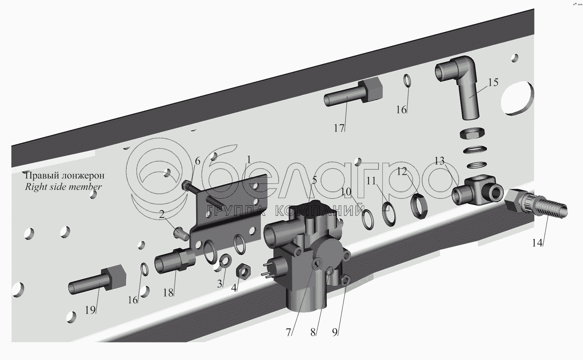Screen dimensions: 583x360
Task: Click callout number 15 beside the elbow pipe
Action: coord(493,82)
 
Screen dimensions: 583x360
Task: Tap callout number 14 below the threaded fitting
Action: coord(537,243)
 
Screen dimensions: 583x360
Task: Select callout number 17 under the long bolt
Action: coord(339,128)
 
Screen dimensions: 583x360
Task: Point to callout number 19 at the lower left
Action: coord(90,310)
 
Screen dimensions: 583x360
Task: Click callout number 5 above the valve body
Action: coord(314,180)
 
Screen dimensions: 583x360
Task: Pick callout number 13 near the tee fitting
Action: coord(439,161)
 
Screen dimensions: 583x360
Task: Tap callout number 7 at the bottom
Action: coord(288,332)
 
